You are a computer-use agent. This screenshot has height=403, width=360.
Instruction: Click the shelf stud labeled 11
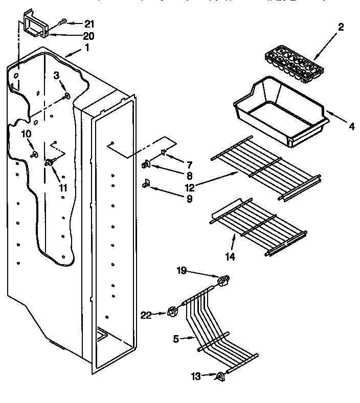coord(50,163)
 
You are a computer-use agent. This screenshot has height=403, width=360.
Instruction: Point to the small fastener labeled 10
coord(35,154)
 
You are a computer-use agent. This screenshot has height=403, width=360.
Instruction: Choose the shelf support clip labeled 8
coord(145,164)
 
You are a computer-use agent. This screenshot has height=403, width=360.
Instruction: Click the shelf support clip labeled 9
coord(146,183)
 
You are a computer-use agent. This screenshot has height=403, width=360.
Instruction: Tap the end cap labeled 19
coord(222,279)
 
